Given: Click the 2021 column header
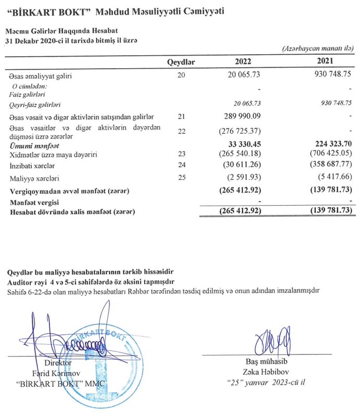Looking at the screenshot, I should point(325,62).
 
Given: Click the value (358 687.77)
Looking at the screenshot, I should point(326,166).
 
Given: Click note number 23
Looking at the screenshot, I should point(181,154).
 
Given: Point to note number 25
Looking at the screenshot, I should point(181,179).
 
